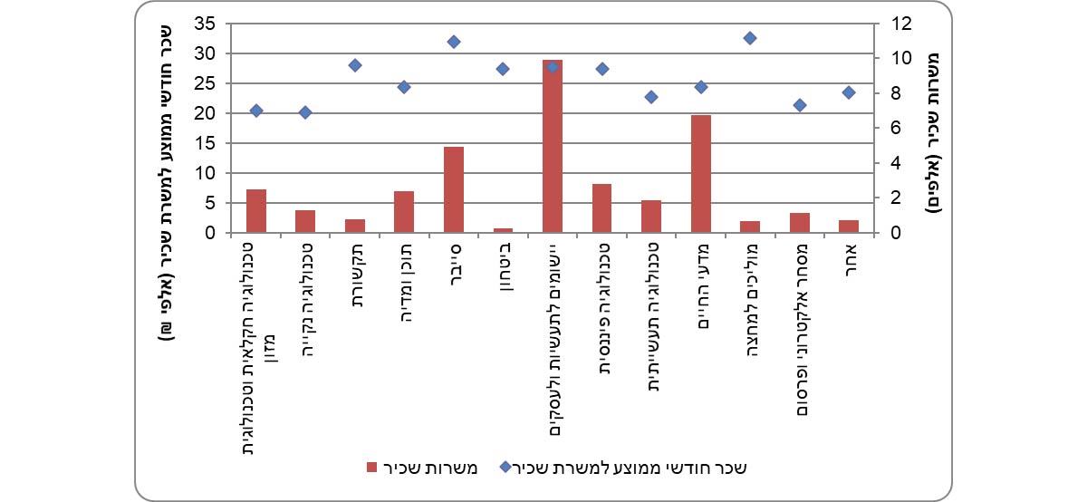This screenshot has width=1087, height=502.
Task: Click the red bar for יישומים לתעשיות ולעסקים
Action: pos(553,146)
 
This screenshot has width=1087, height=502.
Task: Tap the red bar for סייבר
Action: pos(454,189)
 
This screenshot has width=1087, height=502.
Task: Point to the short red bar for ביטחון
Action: pos(503,230)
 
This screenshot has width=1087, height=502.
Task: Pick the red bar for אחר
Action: pos(849,226)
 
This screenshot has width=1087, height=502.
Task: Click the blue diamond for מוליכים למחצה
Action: pos(750,38)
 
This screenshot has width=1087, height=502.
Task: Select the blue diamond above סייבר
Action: pos(454,42)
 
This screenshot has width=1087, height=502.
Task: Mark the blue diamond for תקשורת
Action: pos(355,65)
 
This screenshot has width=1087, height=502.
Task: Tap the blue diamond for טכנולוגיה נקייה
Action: pos(305,112)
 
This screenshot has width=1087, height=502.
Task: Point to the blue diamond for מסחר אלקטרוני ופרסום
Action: pos(799,105)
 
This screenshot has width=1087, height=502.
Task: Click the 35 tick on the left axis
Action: pos(207,24)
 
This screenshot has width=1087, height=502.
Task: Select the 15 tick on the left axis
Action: pos(207,143)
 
